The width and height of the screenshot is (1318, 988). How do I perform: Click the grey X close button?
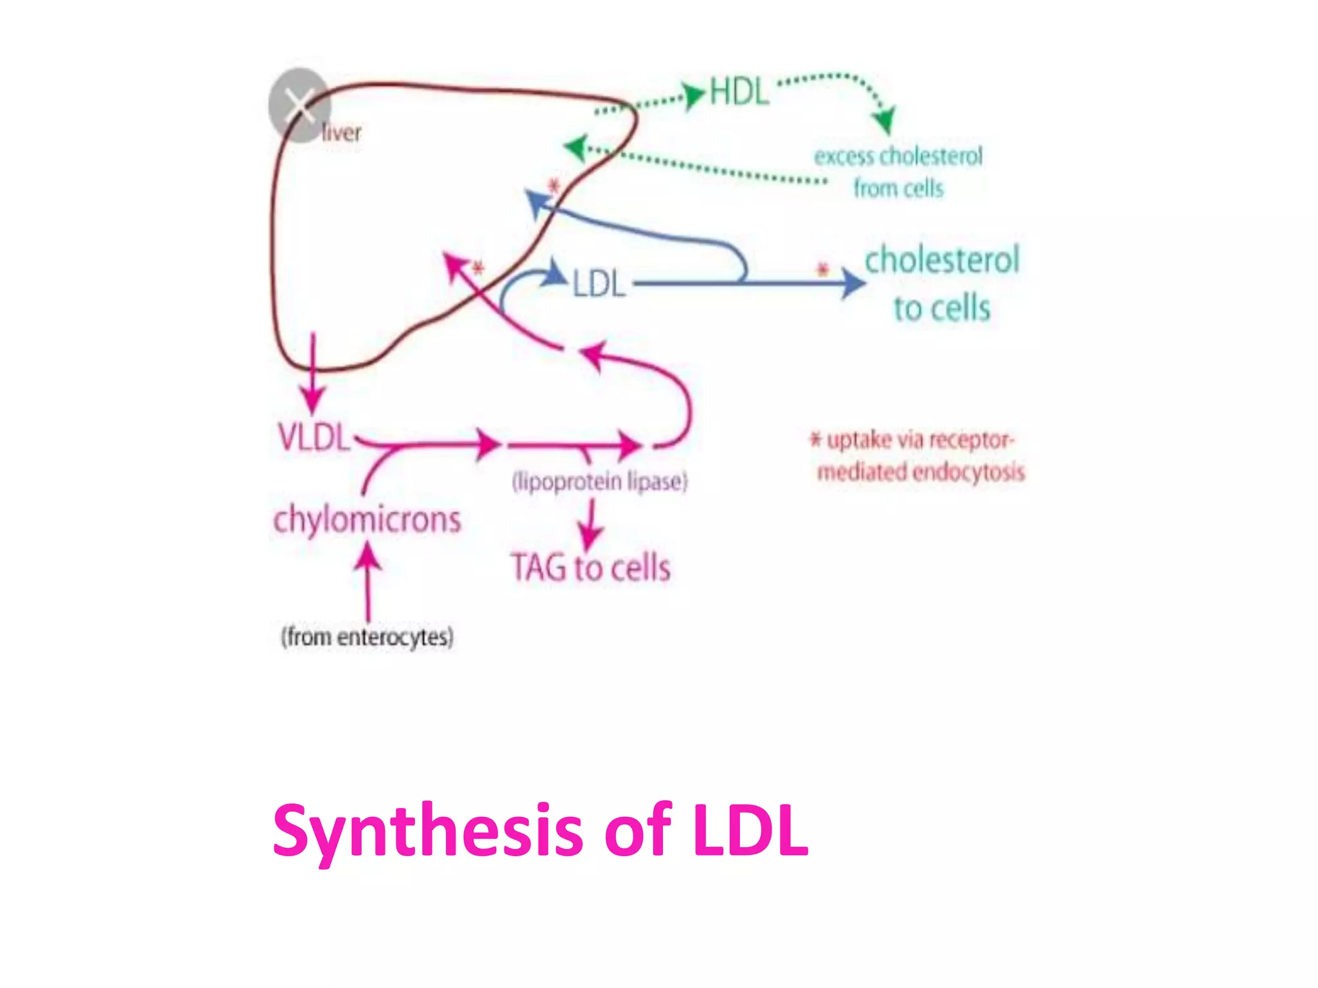pyautogui.click(x=299, y=105)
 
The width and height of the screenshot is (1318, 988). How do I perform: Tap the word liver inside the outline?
pyautogui.click(x=341, y=133)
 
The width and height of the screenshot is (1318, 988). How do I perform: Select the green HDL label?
pyautogui.click(x=739, y=92)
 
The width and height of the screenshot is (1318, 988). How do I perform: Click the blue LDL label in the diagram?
pyautogui.click(x=599, y=284)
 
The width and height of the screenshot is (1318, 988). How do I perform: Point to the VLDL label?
pyautogui.click(x=313, y=437)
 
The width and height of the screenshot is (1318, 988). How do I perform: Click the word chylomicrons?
pyautogui.click(x=367, y=520)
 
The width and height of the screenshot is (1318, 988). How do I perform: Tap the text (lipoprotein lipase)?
pyautogui.click(x=600, y=481)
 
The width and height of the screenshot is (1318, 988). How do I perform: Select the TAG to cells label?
pyautogui.click(x=591, y=568)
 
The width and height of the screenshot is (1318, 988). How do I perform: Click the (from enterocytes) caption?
pyautogui.click(x=367, y=637)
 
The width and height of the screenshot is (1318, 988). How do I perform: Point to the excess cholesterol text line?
pyautogui.click(x=898, y=156)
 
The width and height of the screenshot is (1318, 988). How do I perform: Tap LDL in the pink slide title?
pyautogui.click(x=750, y=831)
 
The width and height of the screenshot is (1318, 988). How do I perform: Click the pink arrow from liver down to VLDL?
pyautogui.click(x=313, y=373)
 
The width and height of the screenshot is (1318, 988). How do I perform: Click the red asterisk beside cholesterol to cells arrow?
pyautogui.click(x=822, y=270)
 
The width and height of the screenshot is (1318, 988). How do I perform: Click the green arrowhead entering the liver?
pyautogui.click(x=575, y=147)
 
